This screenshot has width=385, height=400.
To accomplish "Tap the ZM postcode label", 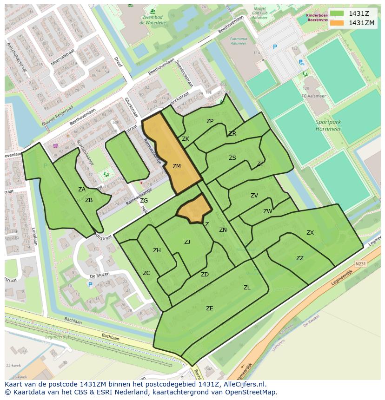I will point(177,166).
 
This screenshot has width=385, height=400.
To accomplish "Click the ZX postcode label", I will point(310,233).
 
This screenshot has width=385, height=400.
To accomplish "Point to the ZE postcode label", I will point(210,308).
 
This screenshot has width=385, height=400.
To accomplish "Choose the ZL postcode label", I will point(247,288).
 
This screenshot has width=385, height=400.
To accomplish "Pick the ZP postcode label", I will point(210,121).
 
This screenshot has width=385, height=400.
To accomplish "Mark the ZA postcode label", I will point(82,190).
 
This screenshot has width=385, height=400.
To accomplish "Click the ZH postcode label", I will point(157,250).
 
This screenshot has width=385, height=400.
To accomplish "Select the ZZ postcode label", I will point(300,258).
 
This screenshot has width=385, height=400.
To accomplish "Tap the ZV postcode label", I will point(254,196).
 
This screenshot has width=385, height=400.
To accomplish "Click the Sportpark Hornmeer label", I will point(328,125).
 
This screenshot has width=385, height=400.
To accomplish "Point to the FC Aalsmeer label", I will point(312,96).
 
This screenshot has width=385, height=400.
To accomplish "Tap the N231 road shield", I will point(360,263).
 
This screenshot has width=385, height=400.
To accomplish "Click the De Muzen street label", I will point(99,275).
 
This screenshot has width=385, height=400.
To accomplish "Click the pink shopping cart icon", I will point(55,146).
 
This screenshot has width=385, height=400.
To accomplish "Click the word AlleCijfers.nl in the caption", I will point(244,384).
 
